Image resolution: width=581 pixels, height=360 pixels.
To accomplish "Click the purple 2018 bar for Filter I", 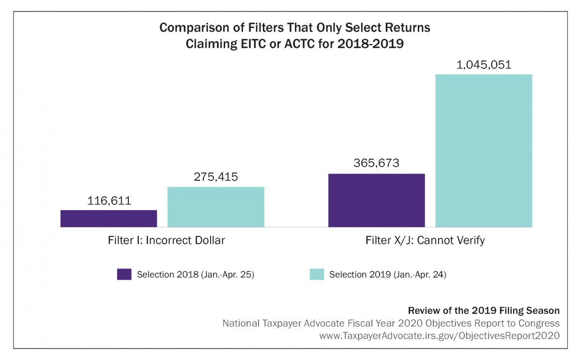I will click(108, 219).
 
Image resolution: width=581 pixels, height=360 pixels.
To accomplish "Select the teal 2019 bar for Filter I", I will click(216, 207).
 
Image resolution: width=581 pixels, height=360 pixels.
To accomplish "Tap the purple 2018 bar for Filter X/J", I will click(376, 200).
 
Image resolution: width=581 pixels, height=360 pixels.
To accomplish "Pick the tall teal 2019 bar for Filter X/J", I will click(484, 151).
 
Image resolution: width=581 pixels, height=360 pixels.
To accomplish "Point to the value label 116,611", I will click(109, 201).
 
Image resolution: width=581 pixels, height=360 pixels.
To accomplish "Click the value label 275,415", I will click(216, 177).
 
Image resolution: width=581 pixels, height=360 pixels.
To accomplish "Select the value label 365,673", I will click(377, 163).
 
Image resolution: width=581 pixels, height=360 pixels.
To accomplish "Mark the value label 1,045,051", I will click(484, 64).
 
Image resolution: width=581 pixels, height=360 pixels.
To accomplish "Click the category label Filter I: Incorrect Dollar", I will click(166, 240).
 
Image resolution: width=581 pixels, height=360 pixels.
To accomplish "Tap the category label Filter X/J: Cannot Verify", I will click(425, 240).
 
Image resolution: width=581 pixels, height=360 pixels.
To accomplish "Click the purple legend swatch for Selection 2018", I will click(124, 274).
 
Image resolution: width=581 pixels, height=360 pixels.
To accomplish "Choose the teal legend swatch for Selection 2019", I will click(317, 274).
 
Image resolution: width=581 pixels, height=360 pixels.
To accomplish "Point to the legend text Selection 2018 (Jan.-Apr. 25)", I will click(196, 275).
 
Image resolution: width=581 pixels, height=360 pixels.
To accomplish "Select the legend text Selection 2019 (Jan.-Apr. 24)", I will click(388, 275).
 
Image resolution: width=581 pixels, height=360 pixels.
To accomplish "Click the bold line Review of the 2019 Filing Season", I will click(484, 310).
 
